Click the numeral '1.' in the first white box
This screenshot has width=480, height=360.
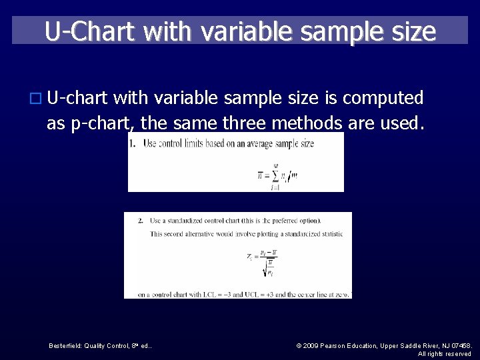(x=133, y=143)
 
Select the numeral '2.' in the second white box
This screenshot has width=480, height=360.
(x=141, y=221)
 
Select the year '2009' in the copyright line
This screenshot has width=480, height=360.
(x=313, y=345)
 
